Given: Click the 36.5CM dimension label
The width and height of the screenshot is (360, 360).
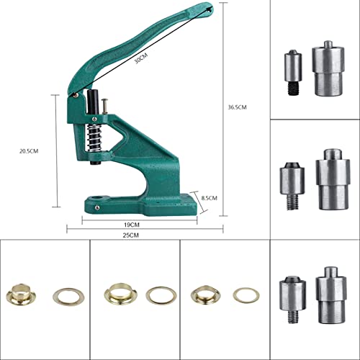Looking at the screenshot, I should point(237,107).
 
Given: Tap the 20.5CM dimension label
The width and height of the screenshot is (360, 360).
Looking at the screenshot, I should point(30,150).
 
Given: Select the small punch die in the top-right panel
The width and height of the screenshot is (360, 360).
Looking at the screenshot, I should point(291,65).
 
